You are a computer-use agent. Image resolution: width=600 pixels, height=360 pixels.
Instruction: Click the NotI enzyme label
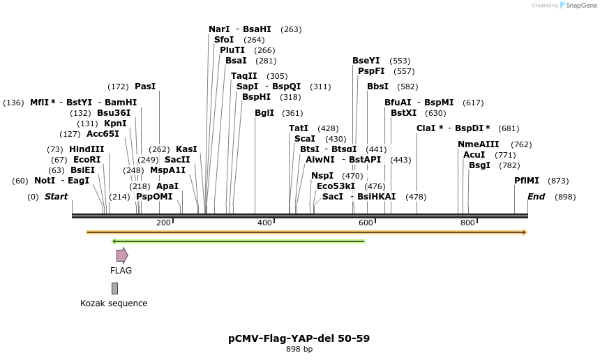pos(45,181)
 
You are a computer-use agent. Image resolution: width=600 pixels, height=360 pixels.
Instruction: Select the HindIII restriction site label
pos(87,149)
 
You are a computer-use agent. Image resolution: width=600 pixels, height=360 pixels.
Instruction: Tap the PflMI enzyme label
pos(527,181)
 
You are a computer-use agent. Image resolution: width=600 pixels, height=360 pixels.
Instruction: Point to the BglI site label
pos(264,113)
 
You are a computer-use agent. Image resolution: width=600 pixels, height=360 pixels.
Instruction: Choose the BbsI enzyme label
pos(377,87)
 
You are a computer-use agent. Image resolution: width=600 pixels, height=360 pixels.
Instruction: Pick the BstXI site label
pos(403,113)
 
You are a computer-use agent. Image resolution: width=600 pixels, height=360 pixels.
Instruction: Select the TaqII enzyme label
pos(244,76)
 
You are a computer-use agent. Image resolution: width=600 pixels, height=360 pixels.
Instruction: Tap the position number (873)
pos(558,181)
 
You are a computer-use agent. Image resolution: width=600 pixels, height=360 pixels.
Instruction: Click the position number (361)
pos(292,113)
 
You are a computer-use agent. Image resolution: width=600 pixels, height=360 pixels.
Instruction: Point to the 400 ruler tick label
pos(264,223)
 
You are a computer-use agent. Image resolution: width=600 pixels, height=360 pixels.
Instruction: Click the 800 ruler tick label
pos(467,223)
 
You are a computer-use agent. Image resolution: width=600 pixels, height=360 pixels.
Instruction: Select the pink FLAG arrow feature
pos(122,255)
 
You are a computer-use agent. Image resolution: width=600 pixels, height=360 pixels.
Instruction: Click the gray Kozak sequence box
pos(114,288)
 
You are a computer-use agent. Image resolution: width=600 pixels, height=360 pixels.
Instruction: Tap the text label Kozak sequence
pos(114,303)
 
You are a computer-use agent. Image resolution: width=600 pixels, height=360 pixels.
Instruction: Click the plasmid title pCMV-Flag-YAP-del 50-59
pos(299,338)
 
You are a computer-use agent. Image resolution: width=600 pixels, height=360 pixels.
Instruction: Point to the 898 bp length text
pos(299,350)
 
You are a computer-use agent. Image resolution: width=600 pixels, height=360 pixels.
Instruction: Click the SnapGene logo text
pos(580,6)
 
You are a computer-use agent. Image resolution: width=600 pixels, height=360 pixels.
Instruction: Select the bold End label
pos(536,197)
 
